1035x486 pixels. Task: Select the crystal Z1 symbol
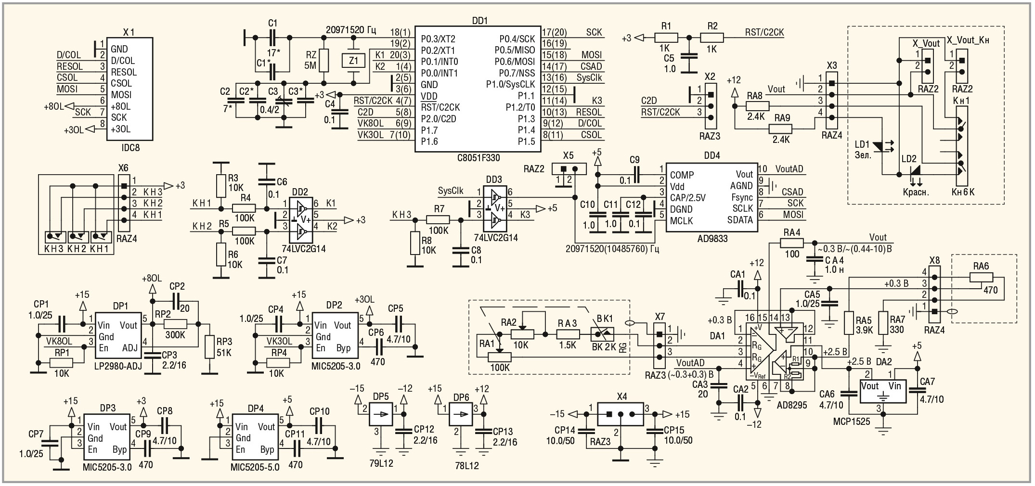coord(353,61)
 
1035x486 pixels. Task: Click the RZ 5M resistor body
coord(323,60)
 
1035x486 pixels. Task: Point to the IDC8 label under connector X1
coord(130,147)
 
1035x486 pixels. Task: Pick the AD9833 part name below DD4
coord(712,238)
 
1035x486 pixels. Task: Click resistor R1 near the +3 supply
coord(666,37)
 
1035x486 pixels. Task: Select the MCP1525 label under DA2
coord(851,422)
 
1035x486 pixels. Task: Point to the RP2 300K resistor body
coord(175,323)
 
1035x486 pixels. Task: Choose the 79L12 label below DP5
coord(381,463)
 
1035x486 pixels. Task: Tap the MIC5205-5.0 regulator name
coord(255,467)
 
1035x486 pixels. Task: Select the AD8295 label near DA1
coord(791,405)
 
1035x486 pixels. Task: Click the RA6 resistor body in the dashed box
coord(981,277)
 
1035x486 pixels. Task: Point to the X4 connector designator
coord(622,396)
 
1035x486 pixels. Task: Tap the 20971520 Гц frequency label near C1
coord(350,30)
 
